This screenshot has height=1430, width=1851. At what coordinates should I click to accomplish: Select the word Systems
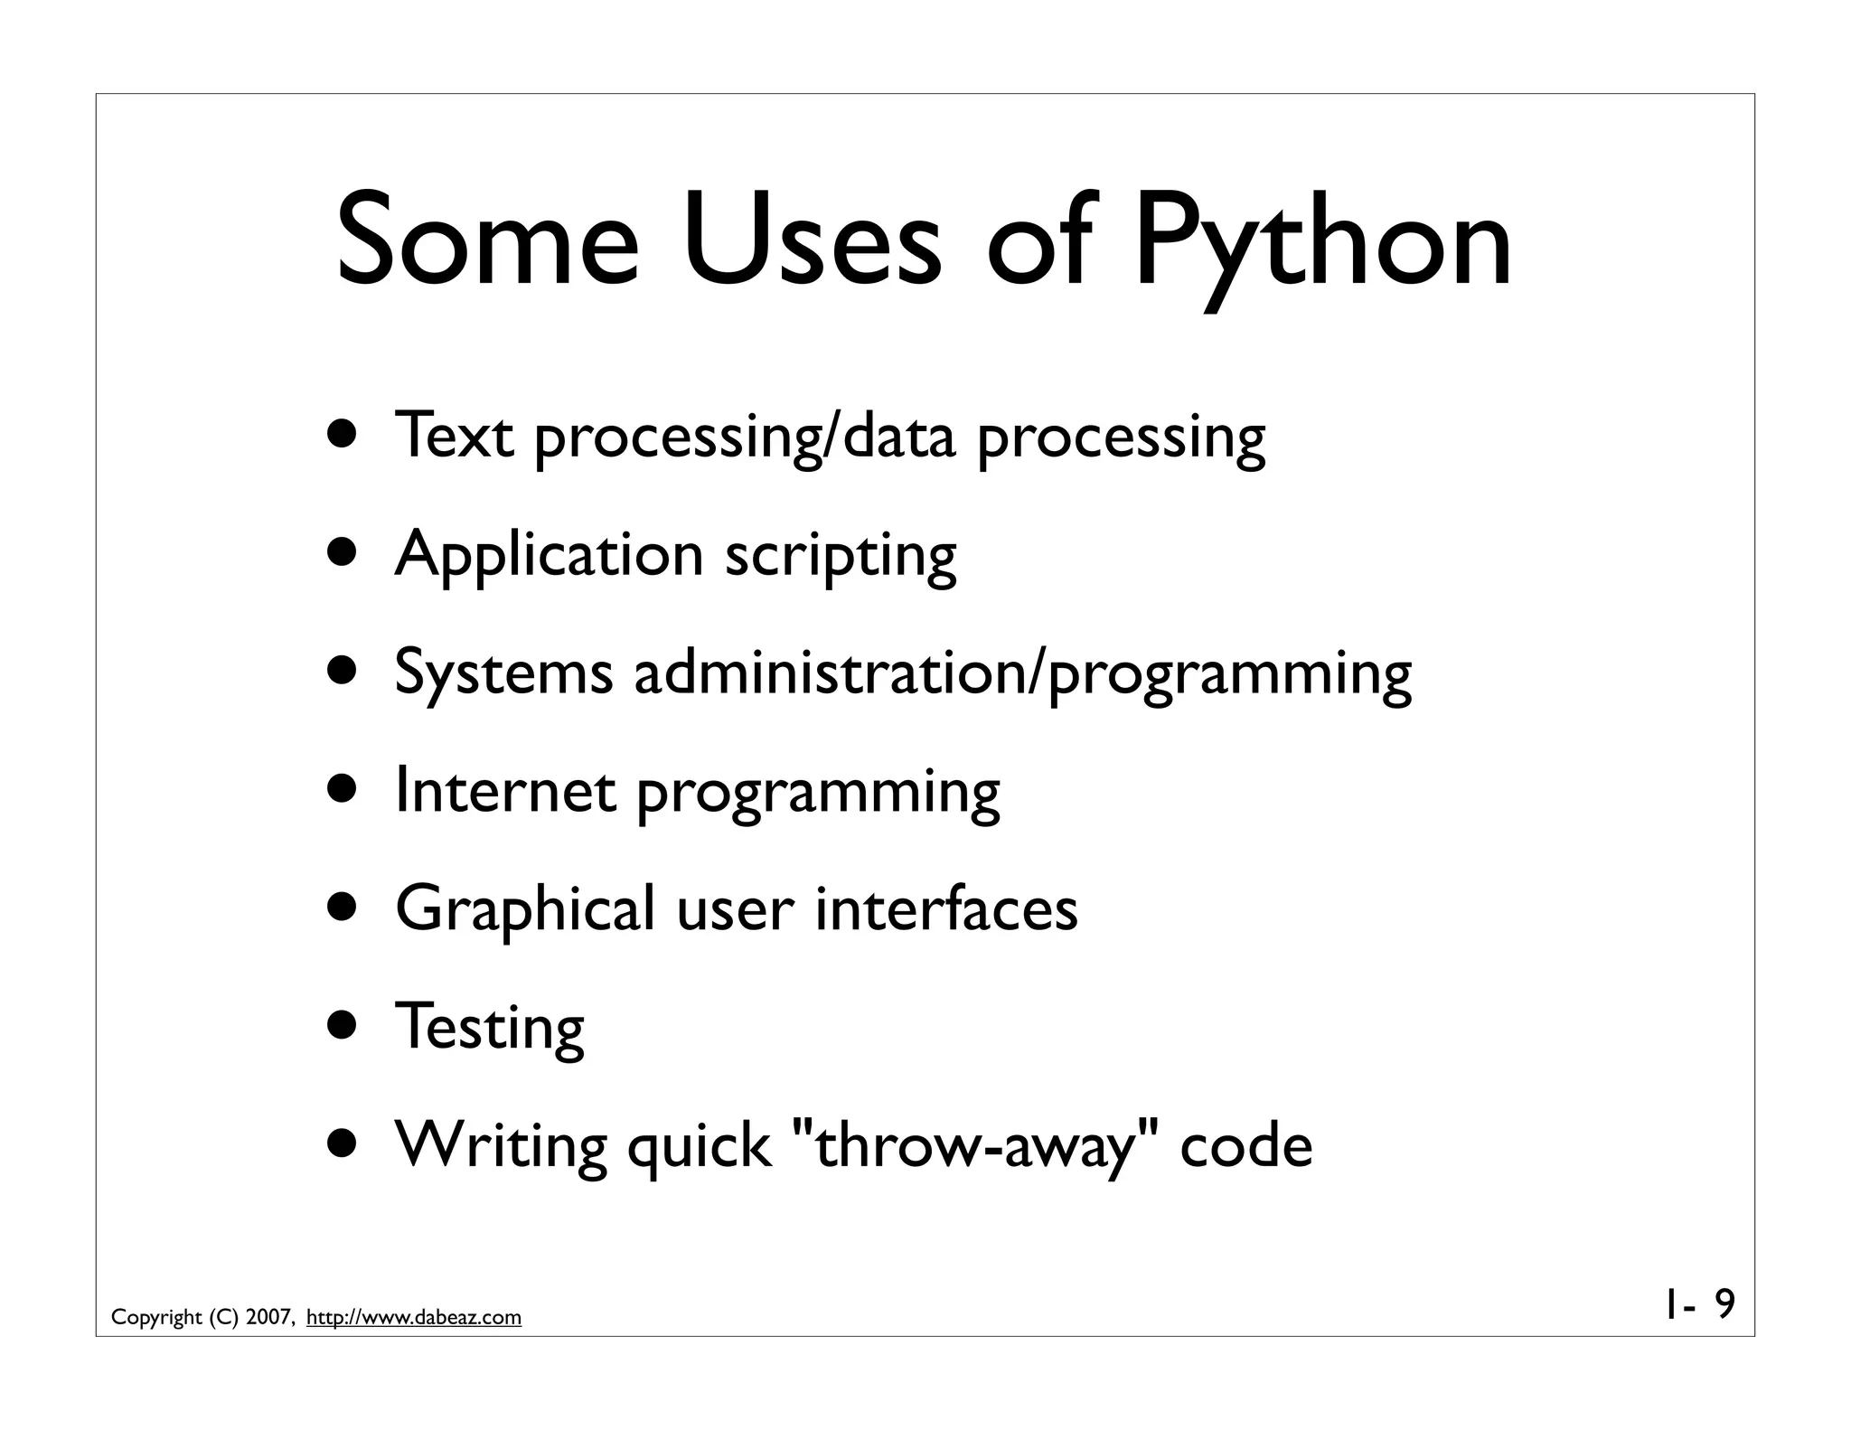pos(503,673)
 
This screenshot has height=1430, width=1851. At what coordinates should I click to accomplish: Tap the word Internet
pos(506,791)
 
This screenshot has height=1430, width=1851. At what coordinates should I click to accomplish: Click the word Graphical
pos(525,909)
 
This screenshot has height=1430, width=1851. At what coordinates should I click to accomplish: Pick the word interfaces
pos(946,908)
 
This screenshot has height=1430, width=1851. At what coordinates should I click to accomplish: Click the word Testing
pos(490,1027)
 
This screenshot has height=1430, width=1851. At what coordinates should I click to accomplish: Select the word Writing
pos(502,1146)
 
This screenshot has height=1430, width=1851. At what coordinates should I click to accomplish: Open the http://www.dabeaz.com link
pos(414,1318)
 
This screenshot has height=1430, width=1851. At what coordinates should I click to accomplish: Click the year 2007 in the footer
pos(268,1318)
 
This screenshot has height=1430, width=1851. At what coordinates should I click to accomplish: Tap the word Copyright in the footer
pos(156,1318)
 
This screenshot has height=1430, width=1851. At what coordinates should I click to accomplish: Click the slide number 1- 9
pos(1697,1305)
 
